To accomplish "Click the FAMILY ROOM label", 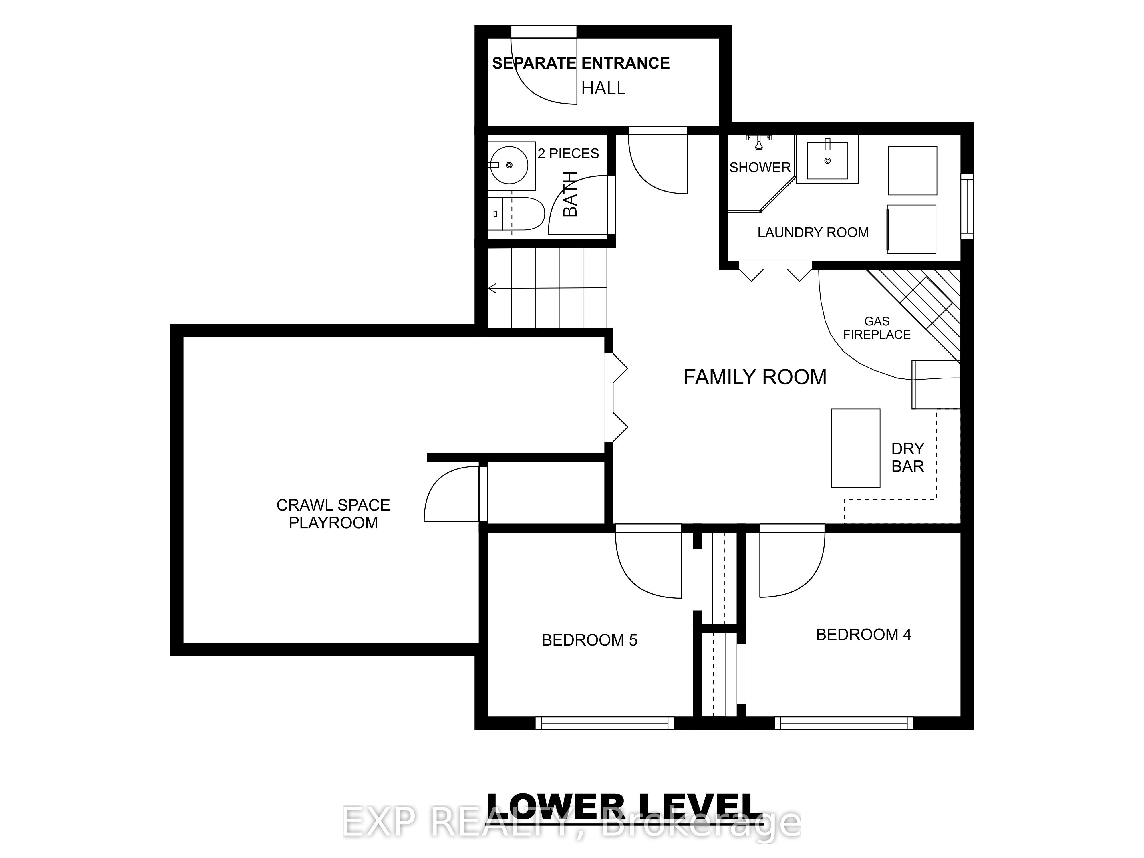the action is pos(754,377).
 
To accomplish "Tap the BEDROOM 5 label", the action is pos(589,640).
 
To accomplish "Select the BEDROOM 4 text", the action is pos(863,635).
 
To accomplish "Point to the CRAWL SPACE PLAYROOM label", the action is pos(333,514).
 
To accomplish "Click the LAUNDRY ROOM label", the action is pos(813,233).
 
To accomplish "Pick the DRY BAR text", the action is pos(908,457).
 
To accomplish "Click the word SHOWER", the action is pos(760,168).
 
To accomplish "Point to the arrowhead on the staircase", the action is pos(492,288).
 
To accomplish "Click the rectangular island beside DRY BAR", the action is pos(855,448).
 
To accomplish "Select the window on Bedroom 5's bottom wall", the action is pos(605,722).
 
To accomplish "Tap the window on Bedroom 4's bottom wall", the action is pos(847,722).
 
